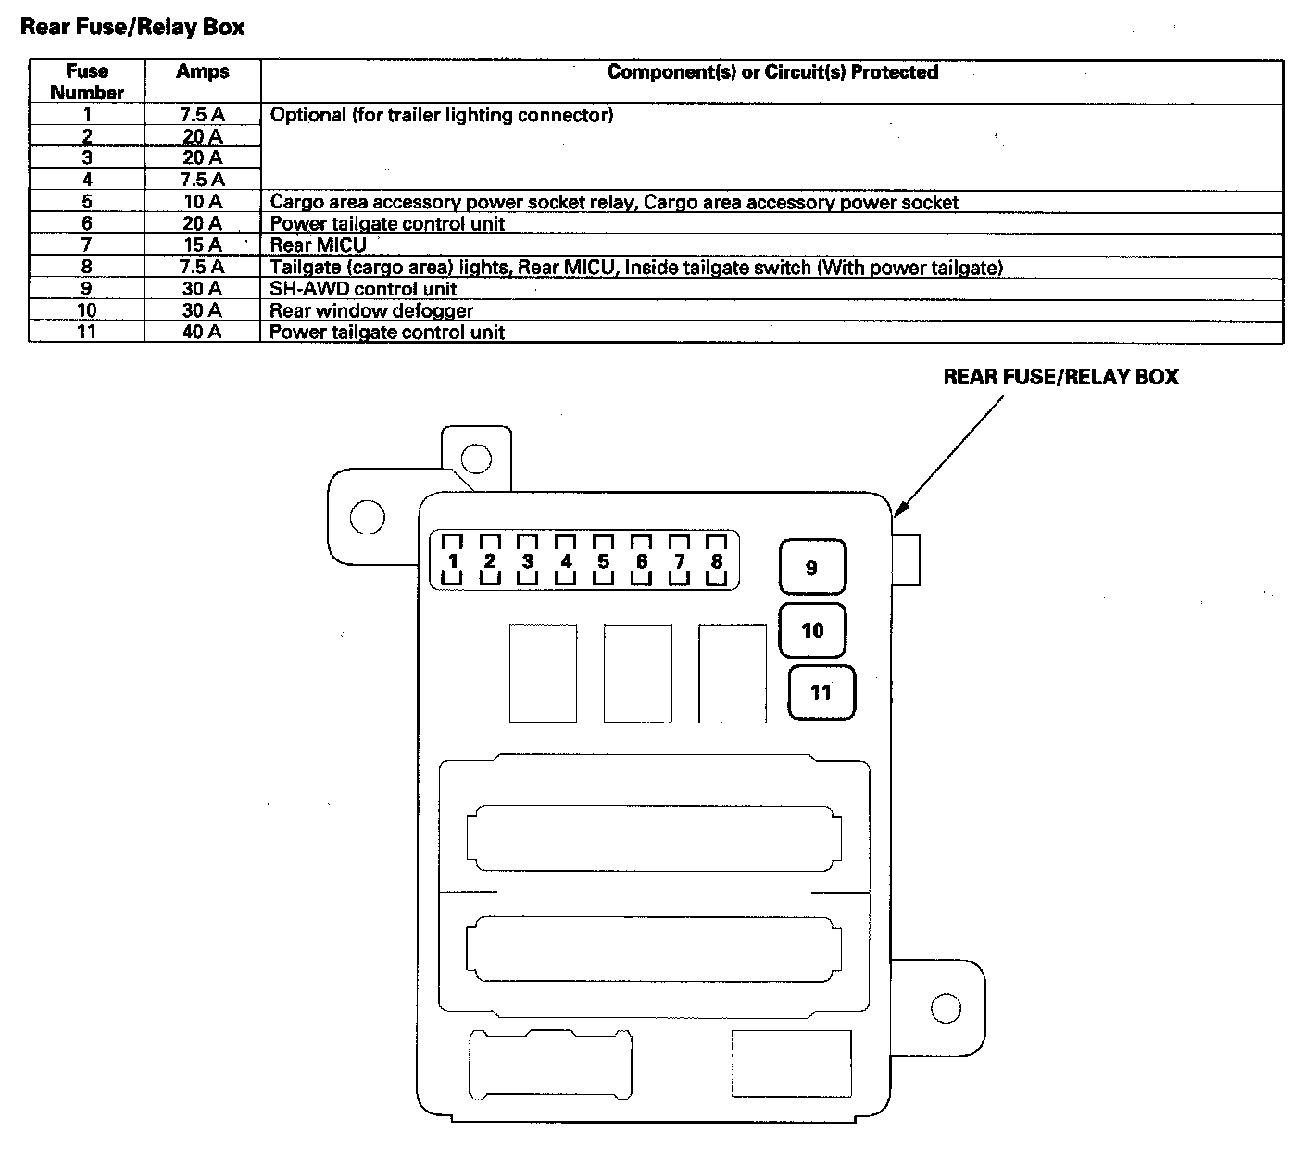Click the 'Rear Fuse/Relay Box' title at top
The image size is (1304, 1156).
[x=132, y=27]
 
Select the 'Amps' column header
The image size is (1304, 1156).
[x=202, y=71]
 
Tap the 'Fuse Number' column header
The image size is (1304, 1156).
[x=87, y=82]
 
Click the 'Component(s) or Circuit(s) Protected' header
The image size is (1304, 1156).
[x=771, y=72]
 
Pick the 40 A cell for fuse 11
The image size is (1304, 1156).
[x=202, y=332]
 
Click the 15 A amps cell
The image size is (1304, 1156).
[x=202, y=245]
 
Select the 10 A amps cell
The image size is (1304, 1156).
[x=202, y=202]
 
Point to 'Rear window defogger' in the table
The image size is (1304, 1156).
[x=371, y=311]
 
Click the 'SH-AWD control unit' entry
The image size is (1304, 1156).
[x=363, y=289]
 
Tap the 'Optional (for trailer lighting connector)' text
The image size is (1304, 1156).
[x=442, y=116]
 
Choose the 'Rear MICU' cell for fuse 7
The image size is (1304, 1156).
[x=318, y=245]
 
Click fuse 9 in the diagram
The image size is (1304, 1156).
[x=812, y=567]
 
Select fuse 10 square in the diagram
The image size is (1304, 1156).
[x=812, y=631]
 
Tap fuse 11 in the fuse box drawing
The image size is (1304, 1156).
[x=821, y=693]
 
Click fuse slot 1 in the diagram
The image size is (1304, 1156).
[x=453, y=560]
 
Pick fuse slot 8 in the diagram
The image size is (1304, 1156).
[x=716, y=560]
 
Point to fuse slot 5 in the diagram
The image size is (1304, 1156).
[x=604, y=560]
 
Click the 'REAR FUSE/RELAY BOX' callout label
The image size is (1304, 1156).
[x=1060, y=377]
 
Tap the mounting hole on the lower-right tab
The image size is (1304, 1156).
[x=946, y=1008]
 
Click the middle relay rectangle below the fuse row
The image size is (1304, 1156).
[x=637, y=673]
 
